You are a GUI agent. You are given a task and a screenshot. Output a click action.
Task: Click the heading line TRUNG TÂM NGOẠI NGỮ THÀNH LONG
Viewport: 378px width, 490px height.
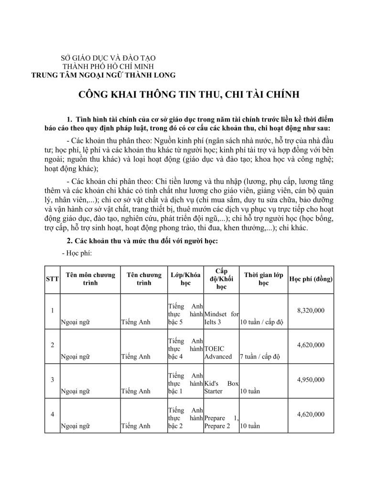[x=103, y=75]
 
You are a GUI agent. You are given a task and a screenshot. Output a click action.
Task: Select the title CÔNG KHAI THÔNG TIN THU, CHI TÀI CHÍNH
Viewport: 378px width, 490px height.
[x=189, y=94]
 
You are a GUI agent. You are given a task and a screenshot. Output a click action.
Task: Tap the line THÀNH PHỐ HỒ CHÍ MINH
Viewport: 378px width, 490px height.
[x=103, y=67]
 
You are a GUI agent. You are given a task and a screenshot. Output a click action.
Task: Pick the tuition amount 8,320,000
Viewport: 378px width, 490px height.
[x=311, y=311]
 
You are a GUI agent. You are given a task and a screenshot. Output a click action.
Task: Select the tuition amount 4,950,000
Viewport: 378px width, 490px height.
[x=311, y=379]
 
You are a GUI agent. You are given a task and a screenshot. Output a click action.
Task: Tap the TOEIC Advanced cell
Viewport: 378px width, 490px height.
[x=221, y=353]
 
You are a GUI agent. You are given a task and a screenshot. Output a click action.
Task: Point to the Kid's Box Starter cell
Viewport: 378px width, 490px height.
[x=221, y=387]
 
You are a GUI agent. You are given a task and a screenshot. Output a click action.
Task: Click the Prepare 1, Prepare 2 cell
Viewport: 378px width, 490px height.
[x=221, y=422]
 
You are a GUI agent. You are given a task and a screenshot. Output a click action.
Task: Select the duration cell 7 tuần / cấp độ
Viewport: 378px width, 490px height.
[x=262, y=356]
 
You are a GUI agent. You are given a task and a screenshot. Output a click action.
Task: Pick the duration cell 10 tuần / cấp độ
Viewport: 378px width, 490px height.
[x=262, y=322]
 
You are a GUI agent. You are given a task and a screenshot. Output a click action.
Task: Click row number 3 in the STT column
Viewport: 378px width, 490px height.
[x=51, y=380]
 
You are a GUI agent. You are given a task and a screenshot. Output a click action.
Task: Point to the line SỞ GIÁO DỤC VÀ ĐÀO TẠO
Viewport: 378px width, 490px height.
[x=103, y=58]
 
